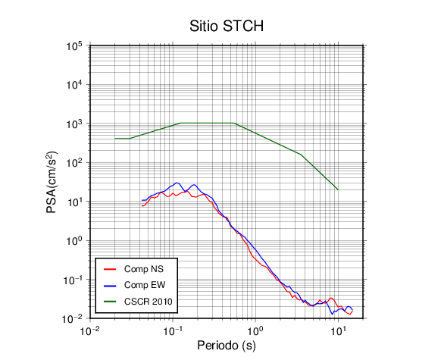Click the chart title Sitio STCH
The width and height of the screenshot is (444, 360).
(x=227, y=26)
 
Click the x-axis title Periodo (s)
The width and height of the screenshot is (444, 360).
(x=227, y=346)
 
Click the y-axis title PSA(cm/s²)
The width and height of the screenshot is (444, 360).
(x=52, y=183)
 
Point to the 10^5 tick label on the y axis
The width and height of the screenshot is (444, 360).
(x=74, y=46)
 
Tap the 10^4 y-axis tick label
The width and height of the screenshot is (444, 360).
(x=74, y=85)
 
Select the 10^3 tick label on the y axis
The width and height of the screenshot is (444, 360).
(x=74, y=124)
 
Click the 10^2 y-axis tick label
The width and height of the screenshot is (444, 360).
(x=74, y=163)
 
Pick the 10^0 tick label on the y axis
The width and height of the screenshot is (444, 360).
(x=74, y=241)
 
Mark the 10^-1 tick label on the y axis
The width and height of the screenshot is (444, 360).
(x=73, y=280)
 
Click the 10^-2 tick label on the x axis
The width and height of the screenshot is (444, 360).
(x=90, y=330)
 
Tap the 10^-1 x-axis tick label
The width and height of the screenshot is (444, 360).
(x=173, y=330)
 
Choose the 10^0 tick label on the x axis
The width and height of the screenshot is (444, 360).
(x=255, y=330)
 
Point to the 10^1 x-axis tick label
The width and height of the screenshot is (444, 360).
(x=338, y=330)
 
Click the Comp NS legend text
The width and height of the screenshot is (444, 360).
(x=144, y=269)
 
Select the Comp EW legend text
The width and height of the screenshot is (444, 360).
(x=145, y=285)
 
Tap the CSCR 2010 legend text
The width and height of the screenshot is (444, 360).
(x=149, y=302)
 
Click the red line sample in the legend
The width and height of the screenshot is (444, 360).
(x=110, y=269)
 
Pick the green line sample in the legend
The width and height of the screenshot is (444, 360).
(x=110, y=302)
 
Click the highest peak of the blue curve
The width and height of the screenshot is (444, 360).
(x=176, y=183)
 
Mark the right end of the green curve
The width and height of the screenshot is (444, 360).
(x=338, y=189)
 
